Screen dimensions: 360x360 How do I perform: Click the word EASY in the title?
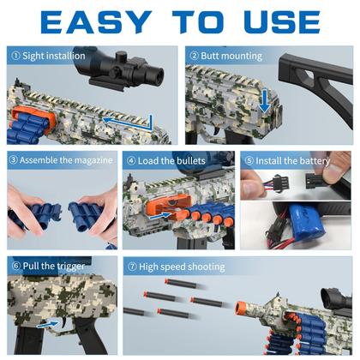click(96, 21)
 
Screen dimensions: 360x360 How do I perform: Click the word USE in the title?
click(282, 21)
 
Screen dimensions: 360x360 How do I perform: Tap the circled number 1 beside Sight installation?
click(15, 56)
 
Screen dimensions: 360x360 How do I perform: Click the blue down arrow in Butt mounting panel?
click(265, 100)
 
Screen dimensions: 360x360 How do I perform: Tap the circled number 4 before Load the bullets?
click(131, 161)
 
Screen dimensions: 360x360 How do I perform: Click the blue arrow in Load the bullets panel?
click(159, 215)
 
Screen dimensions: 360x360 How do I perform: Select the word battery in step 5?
click(315, 161)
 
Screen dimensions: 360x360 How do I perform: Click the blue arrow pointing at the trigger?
click(47, 324)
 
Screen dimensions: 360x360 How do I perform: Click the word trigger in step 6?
click(69, 267)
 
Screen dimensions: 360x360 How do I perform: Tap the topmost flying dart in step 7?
click(181, 284)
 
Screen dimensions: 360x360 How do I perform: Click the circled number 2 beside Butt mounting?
click(194, 56)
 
